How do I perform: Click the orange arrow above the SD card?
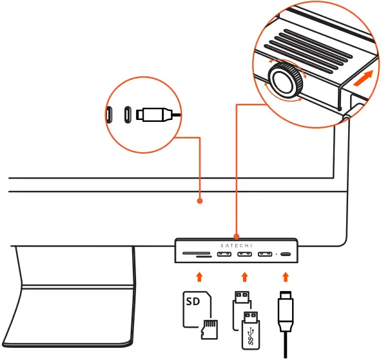coord(199,277)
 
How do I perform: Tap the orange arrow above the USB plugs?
coord(244,277)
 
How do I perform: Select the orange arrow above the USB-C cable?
coord(285,277)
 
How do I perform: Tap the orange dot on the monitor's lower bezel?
coord(200,201)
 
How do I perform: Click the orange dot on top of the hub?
coord(237,236)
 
